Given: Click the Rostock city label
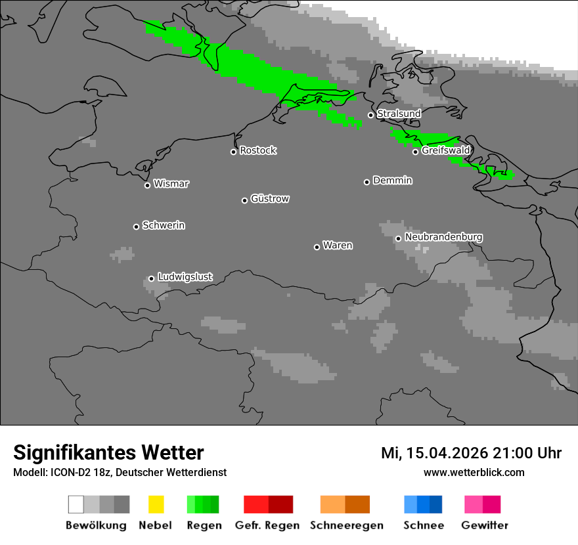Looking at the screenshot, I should coord(258,150).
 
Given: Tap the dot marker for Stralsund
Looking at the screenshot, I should coord(370,115).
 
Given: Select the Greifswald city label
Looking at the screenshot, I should coord(445,150).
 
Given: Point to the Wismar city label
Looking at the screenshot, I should coord(171,184).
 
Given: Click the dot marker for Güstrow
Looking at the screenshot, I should coord(244,200).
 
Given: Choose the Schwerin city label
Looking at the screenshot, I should coord(164,225).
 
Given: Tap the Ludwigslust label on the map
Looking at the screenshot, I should coord(185,277).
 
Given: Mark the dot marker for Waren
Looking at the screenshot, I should coord(317,247).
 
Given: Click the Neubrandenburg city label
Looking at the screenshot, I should coord(444,237).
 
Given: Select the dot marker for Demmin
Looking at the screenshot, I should coord(367,182).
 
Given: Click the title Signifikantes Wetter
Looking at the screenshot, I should coord(108,452).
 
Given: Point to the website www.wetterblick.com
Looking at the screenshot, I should coord(474,472).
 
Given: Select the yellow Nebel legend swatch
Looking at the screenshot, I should coord(156,504).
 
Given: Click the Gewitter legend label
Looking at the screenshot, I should coord(485,525).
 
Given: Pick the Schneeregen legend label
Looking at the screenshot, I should coord(346,525).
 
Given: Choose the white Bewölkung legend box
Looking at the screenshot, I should coord(76,504).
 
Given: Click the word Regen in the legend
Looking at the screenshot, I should coord(204,525).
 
